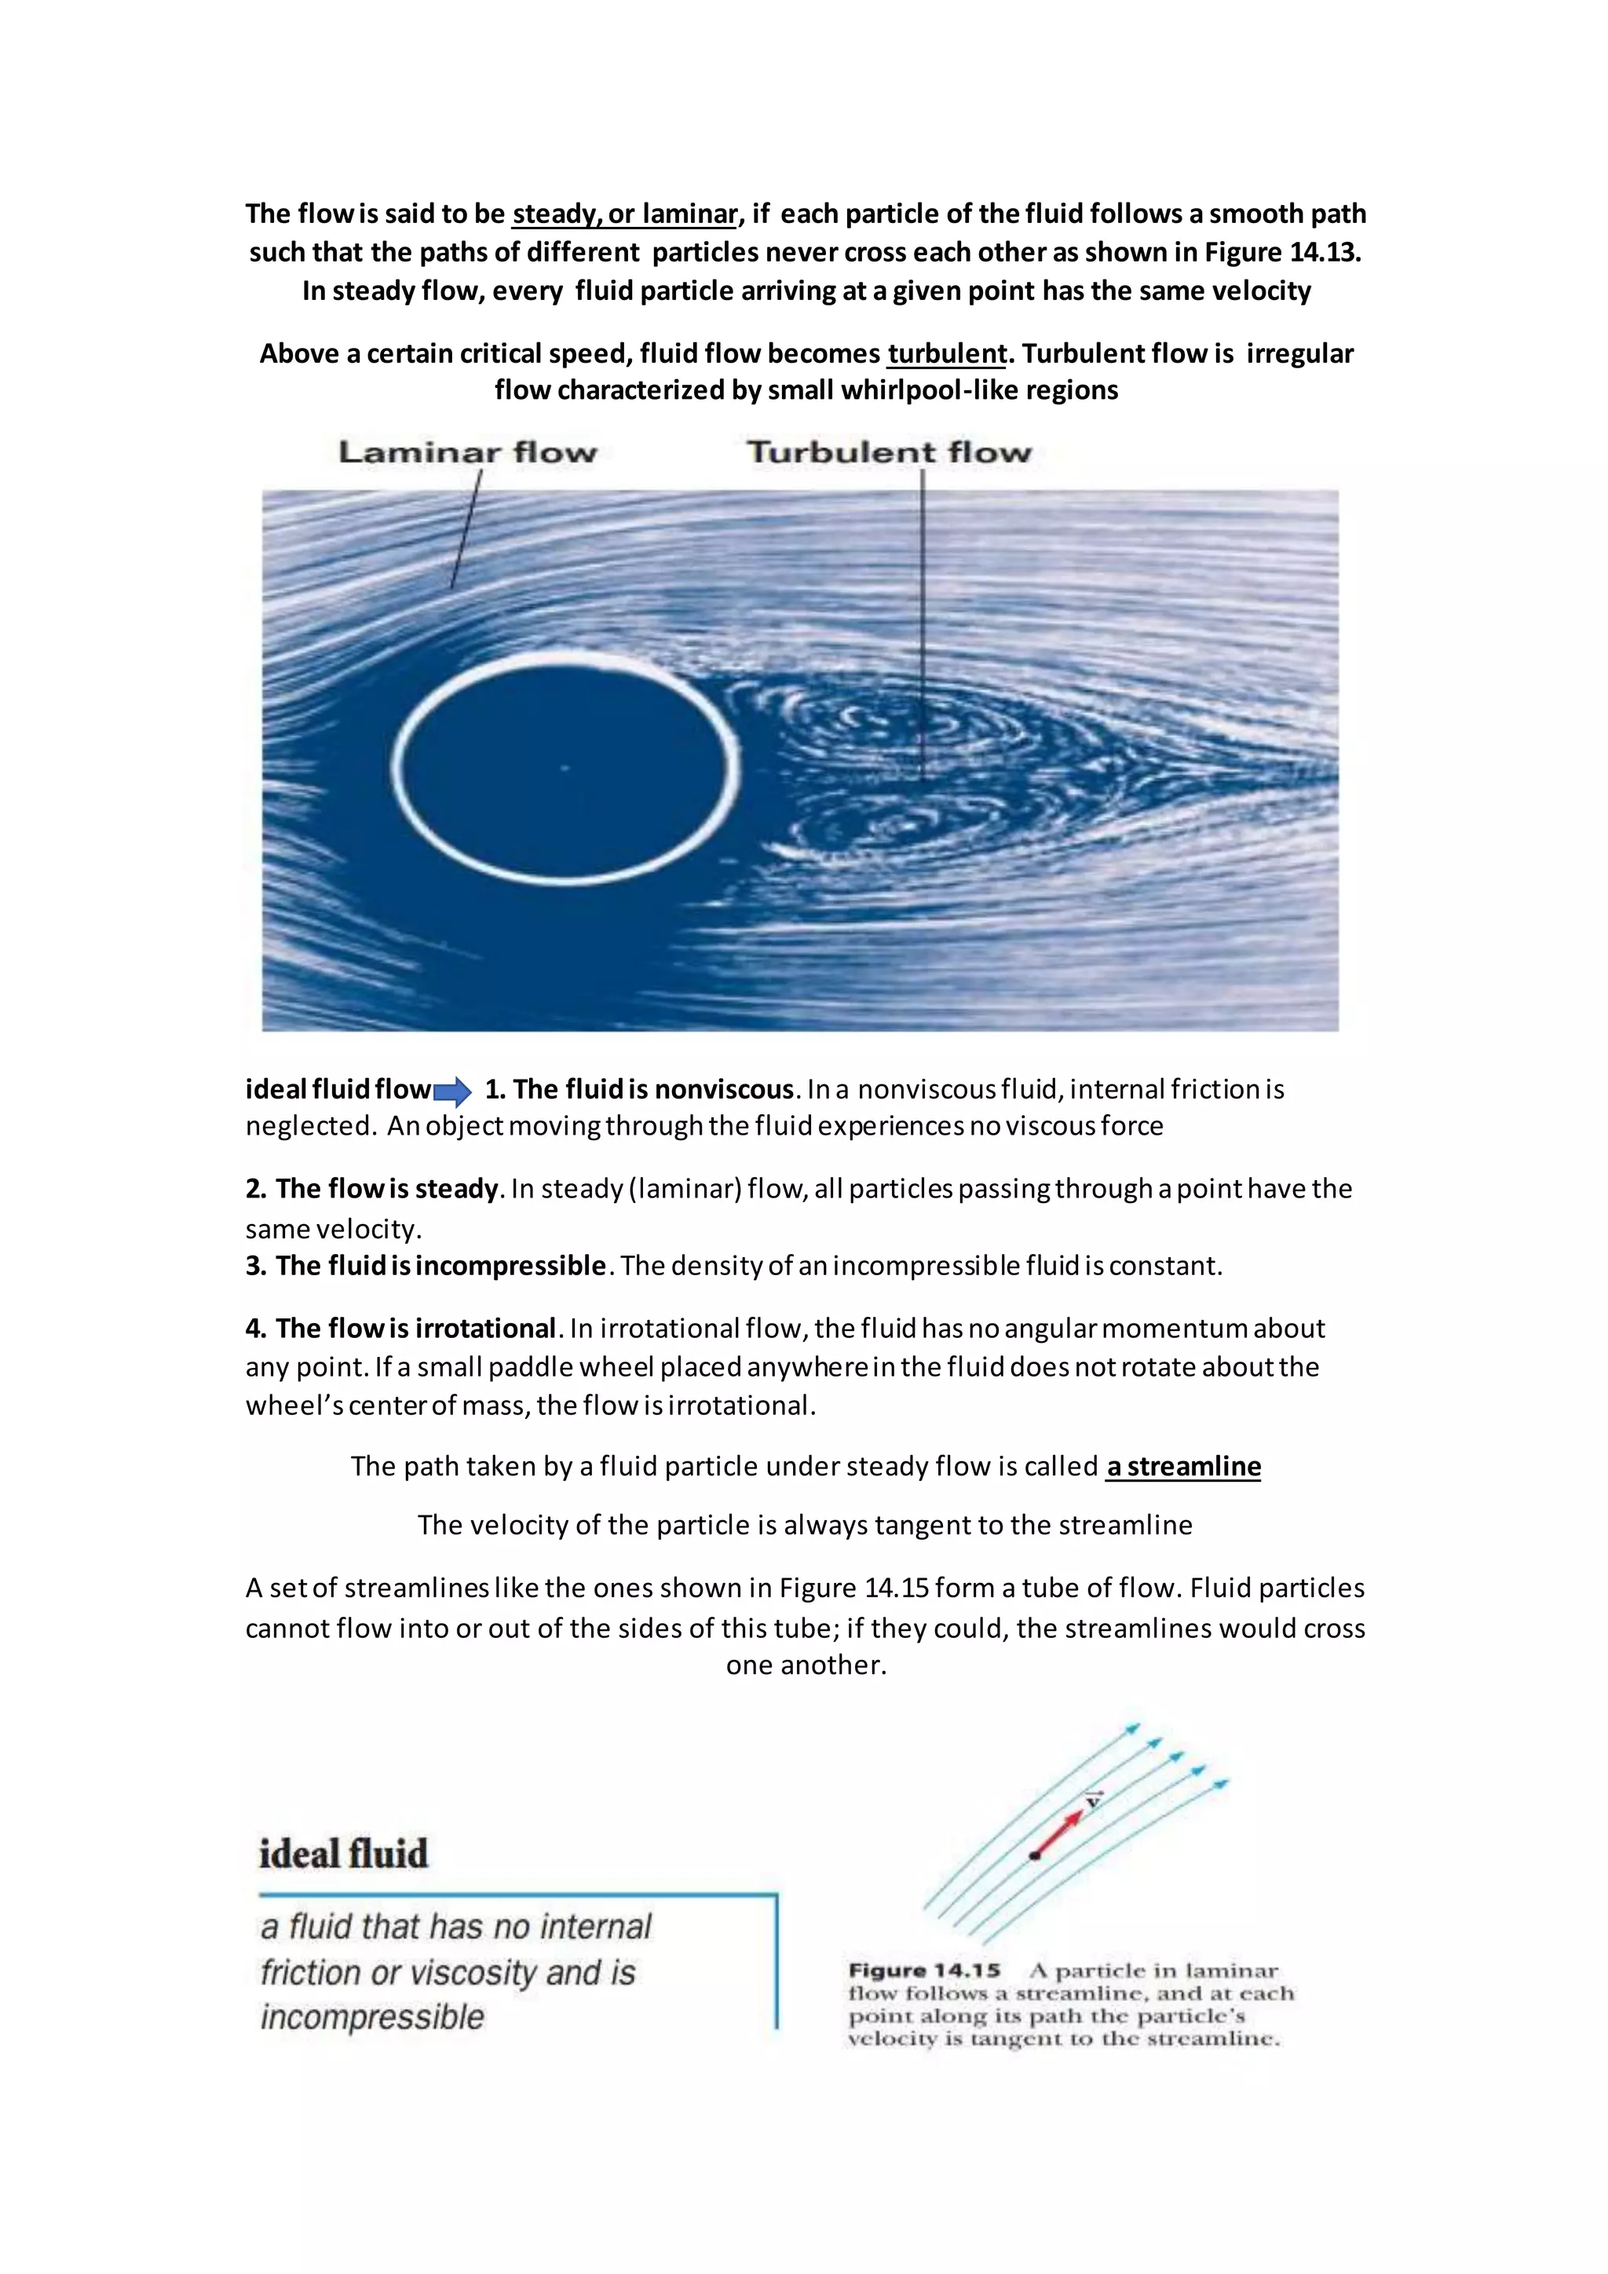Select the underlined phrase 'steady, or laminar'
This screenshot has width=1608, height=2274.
(625, 214)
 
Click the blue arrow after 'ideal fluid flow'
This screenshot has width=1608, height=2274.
(452, 1092)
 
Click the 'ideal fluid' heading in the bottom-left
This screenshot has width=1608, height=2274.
(344, 1854)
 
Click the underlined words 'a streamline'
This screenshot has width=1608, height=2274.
(1183, 1466)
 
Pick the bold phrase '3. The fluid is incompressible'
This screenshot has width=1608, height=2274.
(426, 1266)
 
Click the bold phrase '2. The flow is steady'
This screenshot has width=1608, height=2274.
(371, 1189)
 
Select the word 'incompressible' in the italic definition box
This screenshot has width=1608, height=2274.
(372, 2016)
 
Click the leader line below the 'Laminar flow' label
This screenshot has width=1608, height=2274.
(466, 530)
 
